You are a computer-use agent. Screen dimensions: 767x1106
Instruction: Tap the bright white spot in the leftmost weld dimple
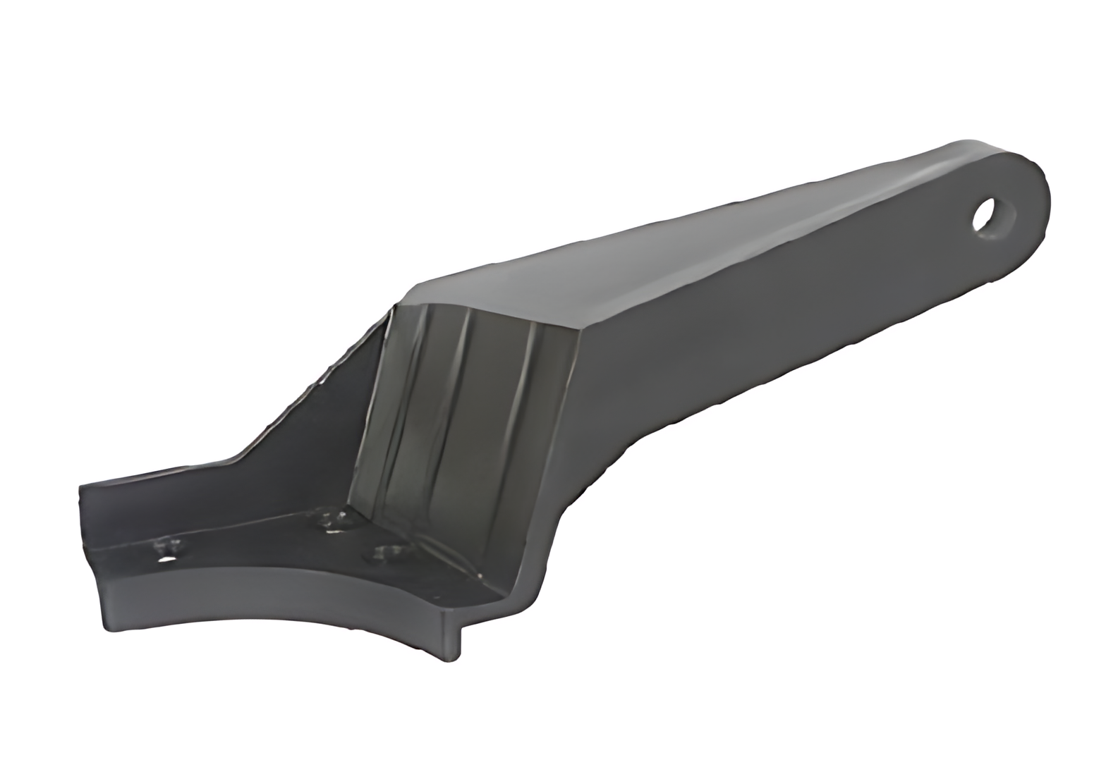pos(167,560)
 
